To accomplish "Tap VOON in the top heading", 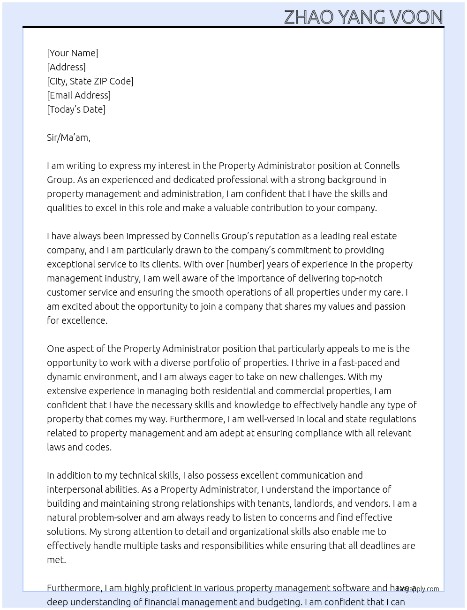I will click(x=416, y=17).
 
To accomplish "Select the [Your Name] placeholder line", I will click(x=73, y=53).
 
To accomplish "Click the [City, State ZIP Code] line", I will click(x=90, y=81).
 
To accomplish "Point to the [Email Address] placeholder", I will click(x=79, y=95).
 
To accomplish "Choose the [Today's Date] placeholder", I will click(x=76, y=109).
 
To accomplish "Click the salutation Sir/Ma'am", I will click(x=68, y=137).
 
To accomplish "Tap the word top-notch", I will click(x=362, y=278).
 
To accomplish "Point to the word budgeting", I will click(x=277, y=602).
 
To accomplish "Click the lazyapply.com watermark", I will click(x=418, y=589).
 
